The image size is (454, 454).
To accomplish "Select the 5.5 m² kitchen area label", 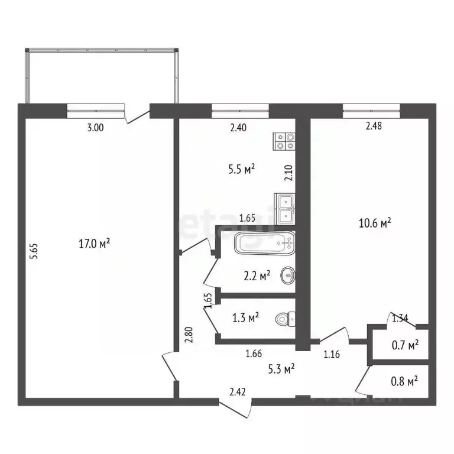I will pos(241,168).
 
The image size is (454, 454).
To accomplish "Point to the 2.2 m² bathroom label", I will pos(257,275).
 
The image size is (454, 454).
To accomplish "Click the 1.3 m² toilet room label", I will pos(245,318).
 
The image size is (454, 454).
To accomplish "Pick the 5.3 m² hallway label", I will pos(281,370).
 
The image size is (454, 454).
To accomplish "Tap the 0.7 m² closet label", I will pos(406,344).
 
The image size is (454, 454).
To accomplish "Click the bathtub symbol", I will pos(264,243).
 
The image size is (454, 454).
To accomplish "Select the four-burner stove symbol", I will pos(284,141).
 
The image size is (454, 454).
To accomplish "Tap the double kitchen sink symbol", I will pos(284,208).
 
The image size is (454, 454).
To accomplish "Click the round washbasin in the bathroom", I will pos(288,275).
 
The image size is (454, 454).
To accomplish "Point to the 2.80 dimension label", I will pos(187,336).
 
